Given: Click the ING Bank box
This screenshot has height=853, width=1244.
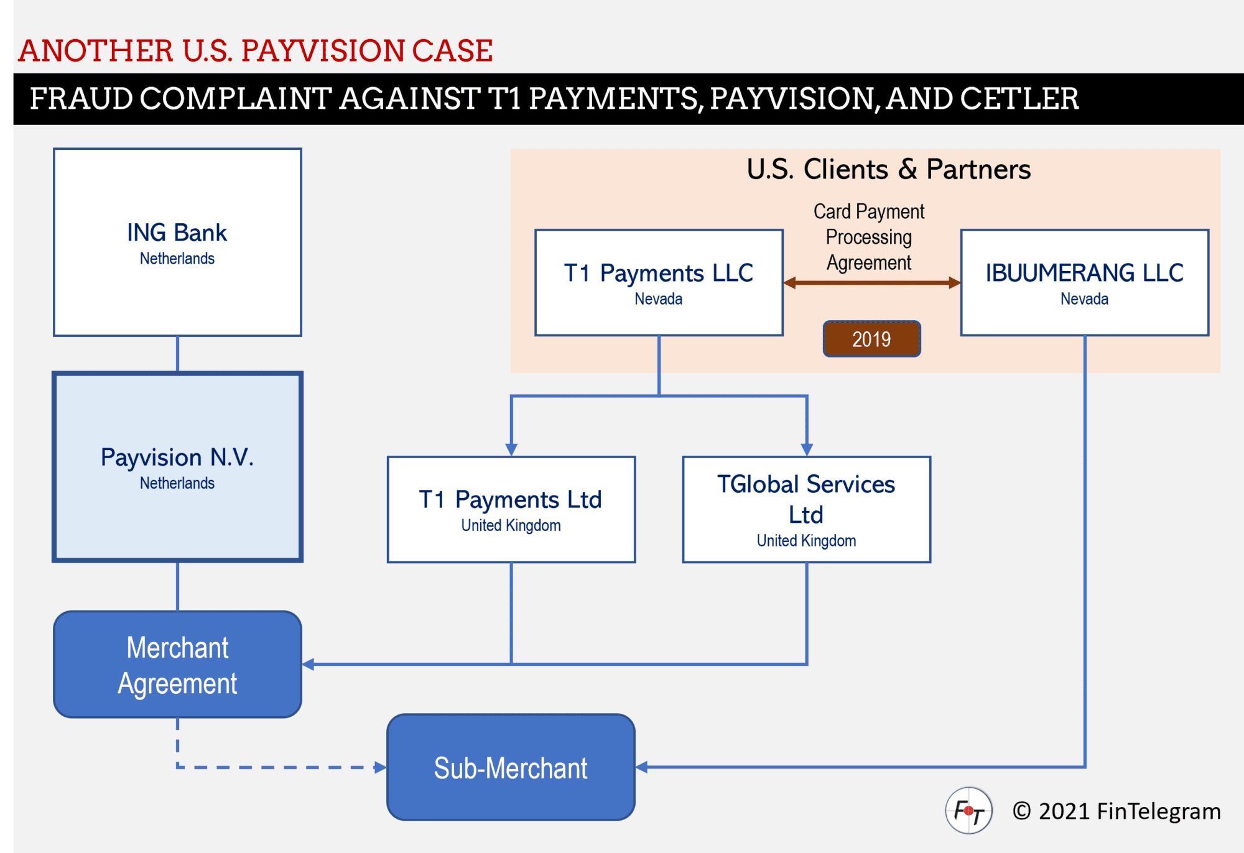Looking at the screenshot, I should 177,242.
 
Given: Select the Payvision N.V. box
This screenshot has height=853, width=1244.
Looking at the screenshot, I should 177,466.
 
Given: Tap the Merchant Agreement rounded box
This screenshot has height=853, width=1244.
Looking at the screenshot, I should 177,664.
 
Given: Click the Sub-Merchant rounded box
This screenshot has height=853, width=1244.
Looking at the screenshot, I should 511,767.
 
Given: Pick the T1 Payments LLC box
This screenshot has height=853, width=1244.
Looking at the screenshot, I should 659,283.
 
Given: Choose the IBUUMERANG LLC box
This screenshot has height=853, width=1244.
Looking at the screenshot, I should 1084,283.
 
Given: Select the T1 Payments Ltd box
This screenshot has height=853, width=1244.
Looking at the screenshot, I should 511,510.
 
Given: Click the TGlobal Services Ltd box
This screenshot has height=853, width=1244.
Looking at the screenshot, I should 806,510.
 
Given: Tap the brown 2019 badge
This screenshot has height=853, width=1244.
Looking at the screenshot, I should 871,339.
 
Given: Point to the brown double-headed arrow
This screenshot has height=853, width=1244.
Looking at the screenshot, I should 871,283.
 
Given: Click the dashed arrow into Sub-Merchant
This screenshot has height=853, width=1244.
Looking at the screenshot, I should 280,767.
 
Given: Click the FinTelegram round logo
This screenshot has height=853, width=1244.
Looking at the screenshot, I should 968,811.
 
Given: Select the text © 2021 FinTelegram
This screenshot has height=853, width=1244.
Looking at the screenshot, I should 1116,811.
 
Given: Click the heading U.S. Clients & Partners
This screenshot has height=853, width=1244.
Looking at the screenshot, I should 888,169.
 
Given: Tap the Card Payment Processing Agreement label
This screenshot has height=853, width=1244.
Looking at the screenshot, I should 869,237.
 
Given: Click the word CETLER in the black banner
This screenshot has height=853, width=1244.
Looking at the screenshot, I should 1019,99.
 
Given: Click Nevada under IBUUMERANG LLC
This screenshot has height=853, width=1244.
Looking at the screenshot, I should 1084,299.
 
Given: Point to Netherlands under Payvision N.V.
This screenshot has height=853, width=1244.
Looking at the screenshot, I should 177,483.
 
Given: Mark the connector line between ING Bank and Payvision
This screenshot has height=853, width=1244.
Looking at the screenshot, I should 178,354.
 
